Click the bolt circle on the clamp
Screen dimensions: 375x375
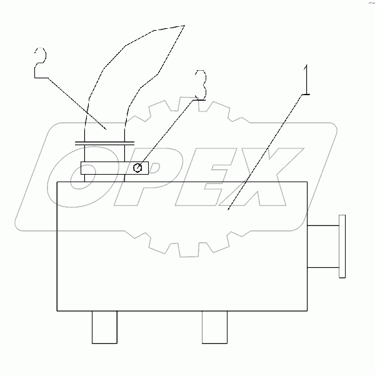tap(140, 167)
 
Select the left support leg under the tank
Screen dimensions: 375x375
tap(104, 327)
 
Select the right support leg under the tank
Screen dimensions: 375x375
tap(214, 327)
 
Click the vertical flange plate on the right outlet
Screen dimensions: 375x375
tap(341, 246)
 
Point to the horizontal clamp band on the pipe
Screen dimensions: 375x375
tap(114, 168)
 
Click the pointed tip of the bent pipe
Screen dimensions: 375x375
tap(185, 26)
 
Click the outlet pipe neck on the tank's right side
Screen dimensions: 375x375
tap(322, 246)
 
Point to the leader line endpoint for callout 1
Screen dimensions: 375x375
tap(229, 208)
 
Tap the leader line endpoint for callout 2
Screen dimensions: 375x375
tap(107, 128)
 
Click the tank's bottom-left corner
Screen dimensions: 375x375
tap(57, 311)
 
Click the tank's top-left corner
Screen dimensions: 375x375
tap(57, 182)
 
